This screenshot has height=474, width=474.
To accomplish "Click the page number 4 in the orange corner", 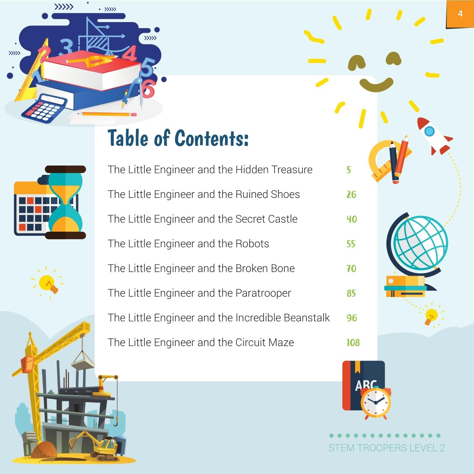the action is click(460, 13).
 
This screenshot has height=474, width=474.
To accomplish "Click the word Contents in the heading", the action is click(212, 138).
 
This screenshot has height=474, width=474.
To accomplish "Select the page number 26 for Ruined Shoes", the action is click(351, 194).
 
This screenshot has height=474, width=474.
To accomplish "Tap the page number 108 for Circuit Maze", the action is click(353, 343).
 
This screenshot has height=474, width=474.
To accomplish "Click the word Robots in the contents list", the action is click(252, 244).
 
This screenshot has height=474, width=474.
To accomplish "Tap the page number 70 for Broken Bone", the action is click(351, 269).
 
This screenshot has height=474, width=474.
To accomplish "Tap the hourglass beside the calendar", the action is click(65, 202).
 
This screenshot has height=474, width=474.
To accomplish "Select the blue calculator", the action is click(45, 109).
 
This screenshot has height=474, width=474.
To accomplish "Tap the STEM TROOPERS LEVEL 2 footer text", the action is click(387, 448).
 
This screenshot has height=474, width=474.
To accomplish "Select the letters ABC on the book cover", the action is click(366, 385).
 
